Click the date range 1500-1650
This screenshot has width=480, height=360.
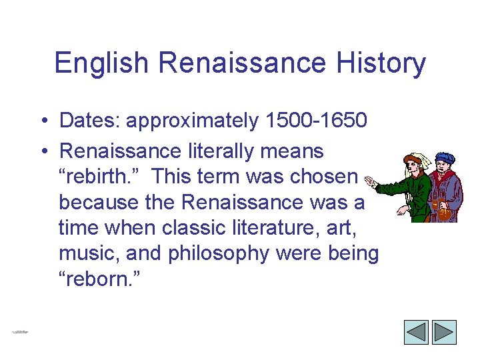pos(316,121)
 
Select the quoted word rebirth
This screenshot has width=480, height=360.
pos(100,177)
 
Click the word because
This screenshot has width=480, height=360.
pos(100,202)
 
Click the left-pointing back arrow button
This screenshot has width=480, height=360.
pos(417,332)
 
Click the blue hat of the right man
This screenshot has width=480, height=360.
pos(444,158)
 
